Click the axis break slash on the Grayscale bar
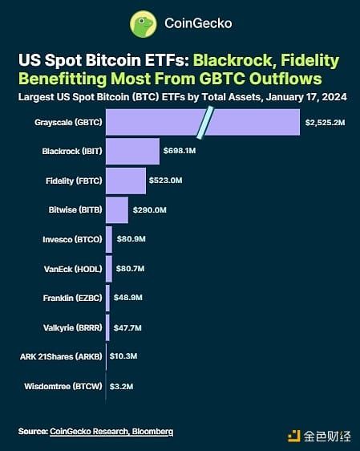[x=205, y=121]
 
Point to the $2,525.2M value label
[x=325, y=122]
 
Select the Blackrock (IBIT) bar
[x=132, y=151]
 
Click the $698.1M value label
[x=180, y=152]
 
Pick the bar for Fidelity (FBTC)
[x=125, y=181]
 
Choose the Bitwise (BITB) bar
[x=116, y=209]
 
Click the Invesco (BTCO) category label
[x=71, y=239]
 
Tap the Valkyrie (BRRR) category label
[x=71, y=327]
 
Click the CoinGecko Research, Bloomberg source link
[x=111, y=433]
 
